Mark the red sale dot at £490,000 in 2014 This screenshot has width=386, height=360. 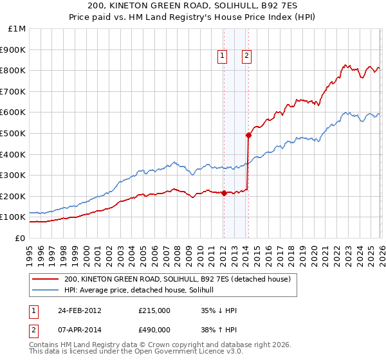tap(248, 135)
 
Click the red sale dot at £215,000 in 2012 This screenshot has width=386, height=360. tap(224, 193)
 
